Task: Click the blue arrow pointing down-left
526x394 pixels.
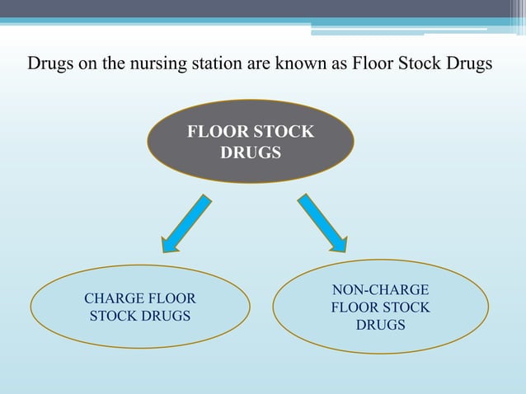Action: click(187, 223)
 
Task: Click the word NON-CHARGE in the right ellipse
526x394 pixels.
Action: click(380, 290)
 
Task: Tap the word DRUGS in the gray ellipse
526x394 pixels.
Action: click(251, 153)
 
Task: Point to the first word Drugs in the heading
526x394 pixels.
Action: click(49, 63)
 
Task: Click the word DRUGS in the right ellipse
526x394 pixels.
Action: click(380, 325)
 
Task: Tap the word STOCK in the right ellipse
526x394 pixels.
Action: click(404, 307)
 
